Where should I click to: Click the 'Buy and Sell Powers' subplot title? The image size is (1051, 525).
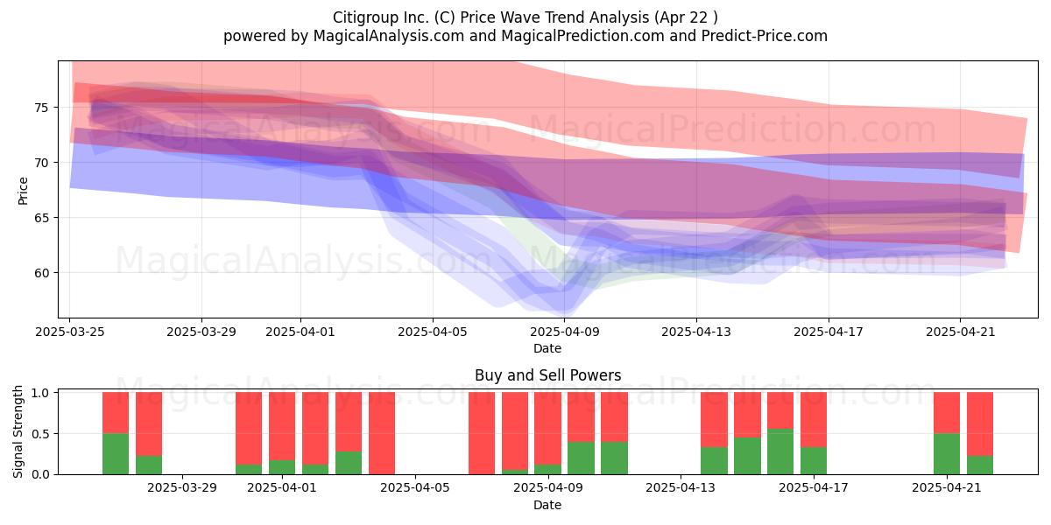point(547,375)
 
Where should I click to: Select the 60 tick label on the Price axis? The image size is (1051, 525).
point(41,273)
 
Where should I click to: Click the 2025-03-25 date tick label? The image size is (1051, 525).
point(70,332)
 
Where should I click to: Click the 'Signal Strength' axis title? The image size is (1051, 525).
point(18,431)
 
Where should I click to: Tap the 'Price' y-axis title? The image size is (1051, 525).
point(23,191)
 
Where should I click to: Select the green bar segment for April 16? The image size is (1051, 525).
point(780,451)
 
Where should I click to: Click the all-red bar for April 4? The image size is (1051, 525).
point(382,433)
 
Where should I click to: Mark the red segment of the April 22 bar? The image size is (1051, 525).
point(980,424)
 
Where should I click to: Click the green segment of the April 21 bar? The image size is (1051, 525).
point(947,454)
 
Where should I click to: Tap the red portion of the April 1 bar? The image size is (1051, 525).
point(281,426)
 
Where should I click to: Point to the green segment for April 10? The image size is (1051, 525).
point(581,458)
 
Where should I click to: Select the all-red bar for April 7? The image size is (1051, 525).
point(482,433)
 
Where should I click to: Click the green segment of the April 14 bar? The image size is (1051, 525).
point(714,461)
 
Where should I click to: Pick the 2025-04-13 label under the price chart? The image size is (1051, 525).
point(696,332)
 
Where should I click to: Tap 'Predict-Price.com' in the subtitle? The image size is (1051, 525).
point(765,36)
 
